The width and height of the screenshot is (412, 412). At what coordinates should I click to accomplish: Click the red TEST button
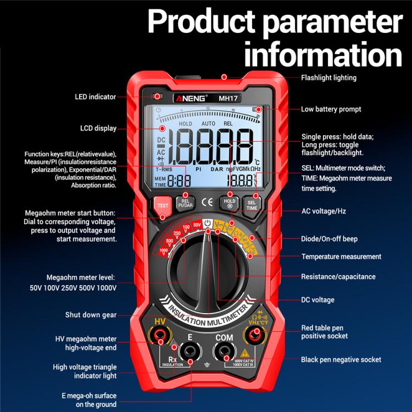point(163,205)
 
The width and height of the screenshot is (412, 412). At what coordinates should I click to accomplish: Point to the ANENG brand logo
point(191,98)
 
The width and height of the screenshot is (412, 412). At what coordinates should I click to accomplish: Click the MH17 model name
point(227,99)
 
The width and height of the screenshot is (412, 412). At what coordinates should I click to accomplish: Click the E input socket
point(190,350)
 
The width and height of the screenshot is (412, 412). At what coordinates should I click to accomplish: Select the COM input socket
point(224,350)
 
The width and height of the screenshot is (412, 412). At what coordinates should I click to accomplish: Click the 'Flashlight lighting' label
point(329,78)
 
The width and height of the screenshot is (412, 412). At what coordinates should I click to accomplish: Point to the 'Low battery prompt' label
point(331,109)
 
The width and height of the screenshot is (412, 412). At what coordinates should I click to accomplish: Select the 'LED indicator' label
point(96,97)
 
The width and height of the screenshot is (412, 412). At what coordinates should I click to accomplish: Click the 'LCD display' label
point(98,129)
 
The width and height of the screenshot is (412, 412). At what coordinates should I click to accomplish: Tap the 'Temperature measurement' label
point(341,257)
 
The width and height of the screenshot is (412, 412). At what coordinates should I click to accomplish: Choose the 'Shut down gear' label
point(91,315)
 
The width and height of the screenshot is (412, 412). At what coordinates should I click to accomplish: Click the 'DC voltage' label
point(318,300)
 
